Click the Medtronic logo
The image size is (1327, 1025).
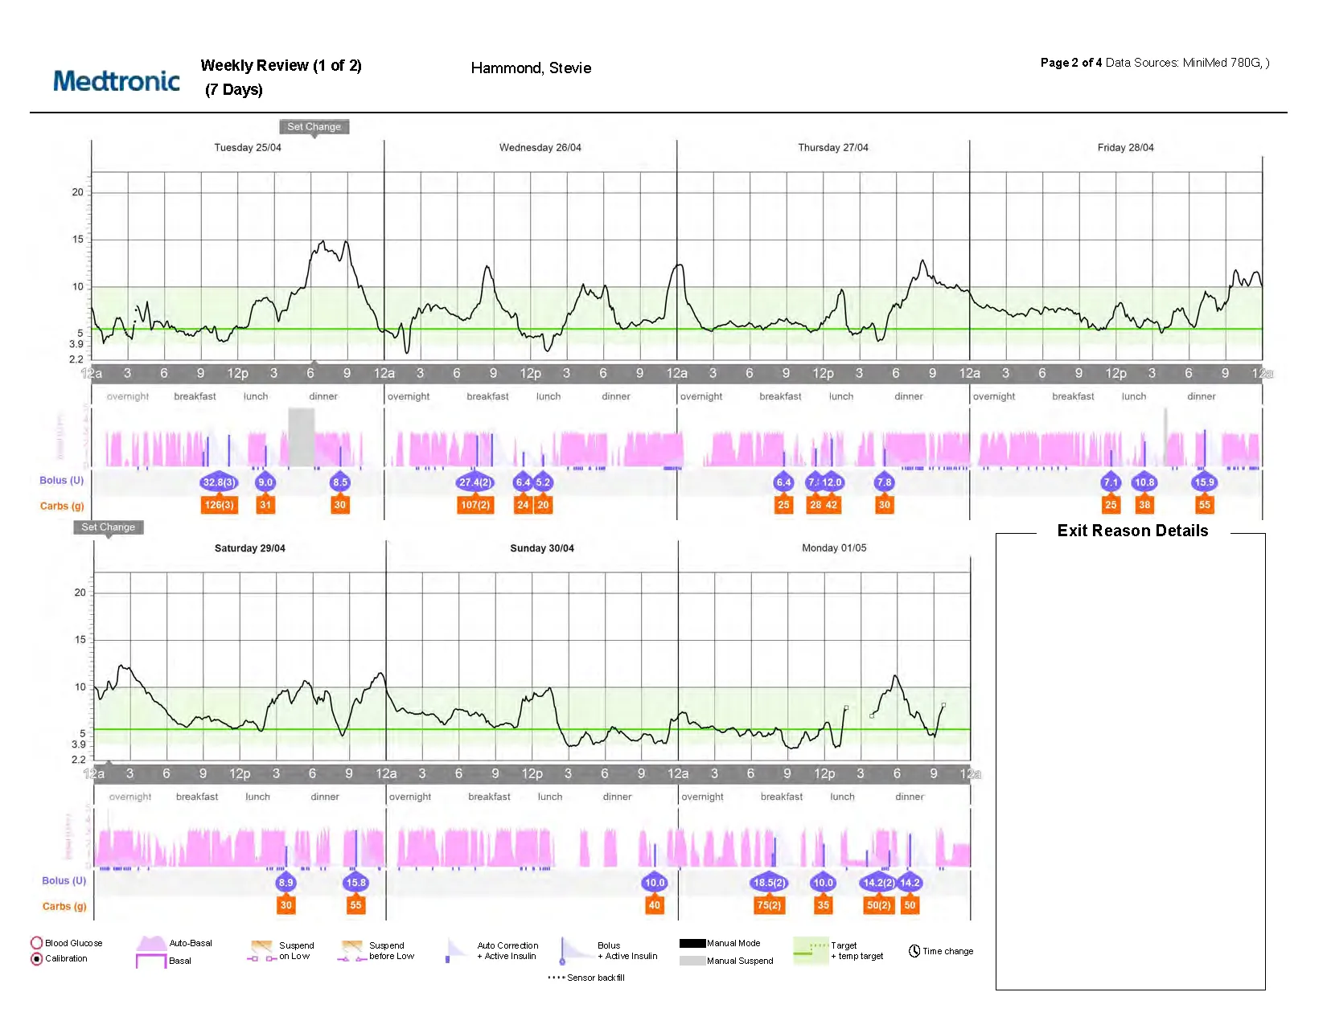tap(117, 80)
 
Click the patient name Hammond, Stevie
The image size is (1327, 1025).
tap(531, 68)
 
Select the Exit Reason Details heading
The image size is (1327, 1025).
tap(1132, 531)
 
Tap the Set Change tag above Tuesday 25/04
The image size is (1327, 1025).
tap(314, 126)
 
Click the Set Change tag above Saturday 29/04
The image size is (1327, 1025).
tap(109, 527)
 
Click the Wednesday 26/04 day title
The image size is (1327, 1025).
tap(540, 147)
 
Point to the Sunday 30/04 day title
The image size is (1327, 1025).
tap(541, 548)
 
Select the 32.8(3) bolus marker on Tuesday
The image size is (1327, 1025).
tap(219, 482)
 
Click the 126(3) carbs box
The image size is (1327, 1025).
tap(219, 505)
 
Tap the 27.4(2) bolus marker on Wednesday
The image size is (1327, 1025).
tap(475, 482)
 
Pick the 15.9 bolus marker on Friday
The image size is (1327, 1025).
tap(1204, 482)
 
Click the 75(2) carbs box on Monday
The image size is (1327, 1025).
tap(769, 905)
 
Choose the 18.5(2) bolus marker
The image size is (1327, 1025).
tap(769, 883)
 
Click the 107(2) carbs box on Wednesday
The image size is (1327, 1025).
tap(475, 505)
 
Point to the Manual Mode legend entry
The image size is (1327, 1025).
tap(721, 943)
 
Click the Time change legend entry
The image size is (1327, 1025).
tap(941, 951)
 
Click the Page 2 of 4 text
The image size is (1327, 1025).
tap(1070, 63)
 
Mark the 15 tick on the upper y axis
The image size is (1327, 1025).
tap(78, 239)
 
